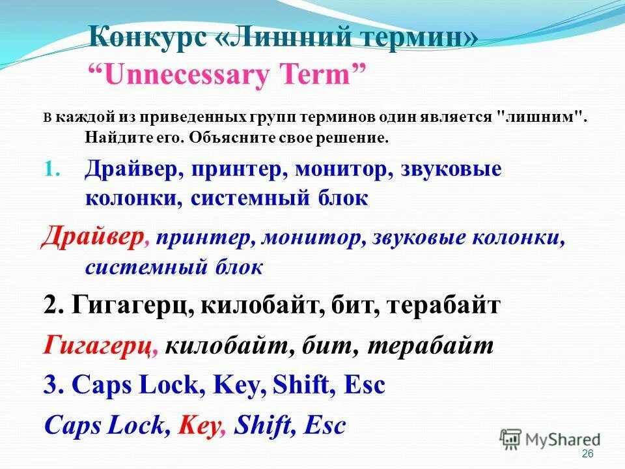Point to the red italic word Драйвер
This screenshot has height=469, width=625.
(x=92, y=238)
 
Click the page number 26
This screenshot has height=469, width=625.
(x=587, y=453)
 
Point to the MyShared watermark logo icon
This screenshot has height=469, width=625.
(x=511, y=438)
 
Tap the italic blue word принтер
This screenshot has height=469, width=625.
(x=203, y=238)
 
